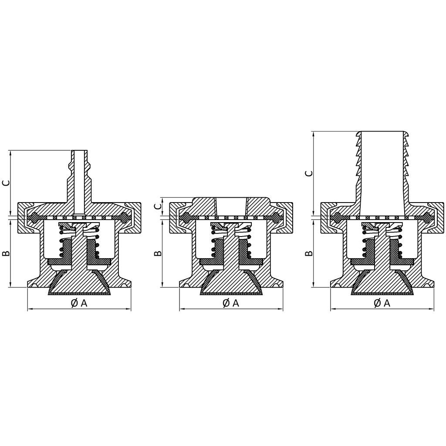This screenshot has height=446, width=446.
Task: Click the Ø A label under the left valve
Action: [79, 303]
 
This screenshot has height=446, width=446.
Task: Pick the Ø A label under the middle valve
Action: [231, 303]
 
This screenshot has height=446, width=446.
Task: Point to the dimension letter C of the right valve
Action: [309, 173]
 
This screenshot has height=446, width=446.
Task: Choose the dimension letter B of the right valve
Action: [309, 253]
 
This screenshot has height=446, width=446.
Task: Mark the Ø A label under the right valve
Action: [382, 303]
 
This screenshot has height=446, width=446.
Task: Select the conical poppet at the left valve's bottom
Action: [79, 285]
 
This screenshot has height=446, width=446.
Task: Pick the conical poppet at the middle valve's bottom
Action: [231, 285]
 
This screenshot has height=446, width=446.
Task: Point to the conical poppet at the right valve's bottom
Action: [382, 285]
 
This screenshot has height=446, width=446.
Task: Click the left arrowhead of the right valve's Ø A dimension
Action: [333, 310]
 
